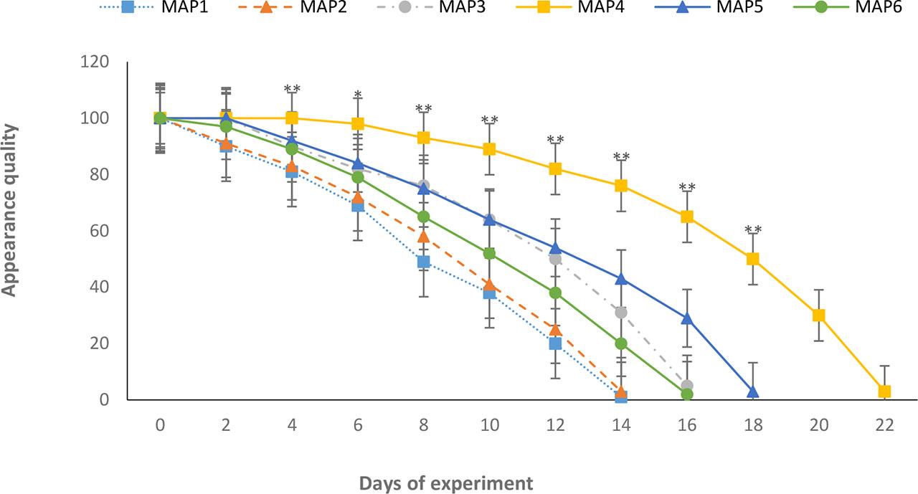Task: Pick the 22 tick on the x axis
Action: [884, 424]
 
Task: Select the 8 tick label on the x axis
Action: [424, 424]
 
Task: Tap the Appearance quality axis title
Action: [9, 210]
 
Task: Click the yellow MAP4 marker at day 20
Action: [819, 315]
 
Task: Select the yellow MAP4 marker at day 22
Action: [884, 391]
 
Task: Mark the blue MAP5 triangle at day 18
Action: [752, 391]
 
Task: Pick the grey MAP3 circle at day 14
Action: [621, 312]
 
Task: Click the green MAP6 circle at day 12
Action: [555, 293]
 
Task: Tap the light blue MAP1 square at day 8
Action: [423, 262]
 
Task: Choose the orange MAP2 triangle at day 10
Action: [489, 284]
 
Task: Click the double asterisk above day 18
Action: [752, 230]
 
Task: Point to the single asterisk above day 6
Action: [357, 95]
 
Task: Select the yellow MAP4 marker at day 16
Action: [687, 217]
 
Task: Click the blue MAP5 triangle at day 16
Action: [687, 318]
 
